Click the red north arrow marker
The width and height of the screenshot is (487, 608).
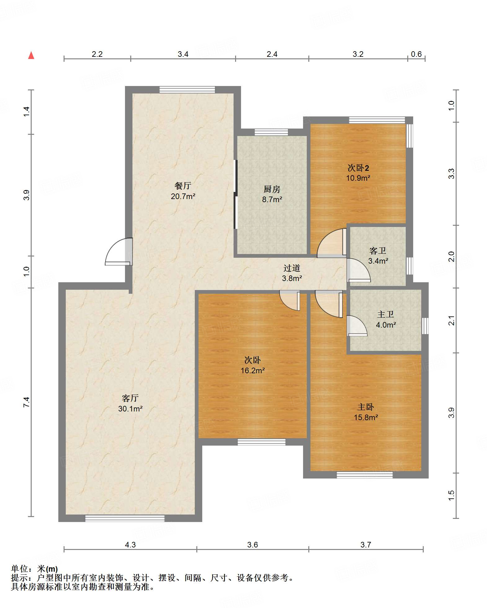tap(31, 55)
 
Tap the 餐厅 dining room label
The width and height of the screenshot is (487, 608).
tap(183, 186)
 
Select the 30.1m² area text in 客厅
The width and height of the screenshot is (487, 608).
tap(130, 409)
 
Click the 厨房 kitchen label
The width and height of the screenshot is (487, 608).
tap(272, 189)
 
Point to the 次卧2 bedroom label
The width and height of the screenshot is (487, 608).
tap(358, 168)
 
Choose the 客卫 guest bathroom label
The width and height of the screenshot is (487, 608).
tap(378, 251)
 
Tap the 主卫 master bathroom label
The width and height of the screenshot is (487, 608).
tap(386, 315)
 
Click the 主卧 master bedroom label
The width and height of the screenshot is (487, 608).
tap(366, 407)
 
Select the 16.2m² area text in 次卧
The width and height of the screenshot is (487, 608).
tap(253, 370)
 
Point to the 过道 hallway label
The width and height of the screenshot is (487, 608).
tap(292, 268)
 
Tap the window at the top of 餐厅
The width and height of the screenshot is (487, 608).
tap(187, 90)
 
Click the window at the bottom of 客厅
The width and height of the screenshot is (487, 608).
tap(125, 518)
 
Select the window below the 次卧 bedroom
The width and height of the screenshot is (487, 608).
tap(261, 442)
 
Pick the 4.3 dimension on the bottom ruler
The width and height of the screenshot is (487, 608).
tap(130, 545)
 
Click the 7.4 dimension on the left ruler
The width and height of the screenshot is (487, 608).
tap(26, 402)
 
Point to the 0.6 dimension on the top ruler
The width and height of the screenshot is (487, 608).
tap(416, 54)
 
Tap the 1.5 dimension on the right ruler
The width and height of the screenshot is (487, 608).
tap(451, 495)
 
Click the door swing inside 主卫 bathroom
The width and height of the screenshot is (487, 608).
tap(357, 326)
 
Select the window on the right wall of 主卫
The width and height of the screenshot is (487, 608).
tap(425, 326)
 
